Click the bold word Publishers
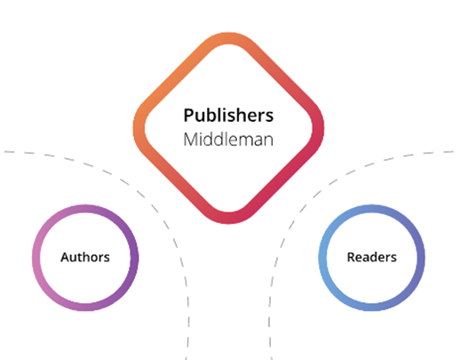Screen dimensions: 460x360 pos(228,116)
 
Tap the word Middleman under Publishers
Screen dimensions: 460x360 pos(228,140)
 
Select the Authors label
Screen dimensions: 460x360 pos(85,257)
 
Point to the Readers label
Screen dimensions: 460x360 pos(371,257)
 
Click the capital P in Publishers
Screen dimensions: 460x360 pos(188,116)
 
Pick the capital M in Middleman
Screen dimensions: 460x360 pos(190,140)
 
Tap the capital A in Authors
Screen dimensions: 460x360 pos(65,257)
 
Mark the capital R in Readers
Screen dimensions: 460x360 pos(351,257)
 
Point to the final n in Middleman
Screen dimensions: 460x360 pos(268,142)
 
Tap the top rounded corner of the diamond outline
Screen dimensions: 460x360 pos(228,38)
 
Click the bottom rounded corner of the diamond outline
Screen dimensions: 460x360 pos(228,218)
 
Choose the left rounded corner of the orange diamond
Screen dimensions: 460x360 pos(139,128)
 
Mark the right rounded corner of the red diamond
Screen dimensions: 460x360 pos(318,128)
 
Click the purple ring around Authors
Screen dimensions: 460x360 pos(36,257)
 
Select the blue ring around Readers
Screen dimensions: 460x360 pos(322,257)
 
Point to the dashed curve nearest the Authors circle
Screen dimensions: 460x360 pos(153,207)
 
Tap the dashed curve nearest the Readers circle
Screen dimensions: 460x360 pos(304,207)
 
